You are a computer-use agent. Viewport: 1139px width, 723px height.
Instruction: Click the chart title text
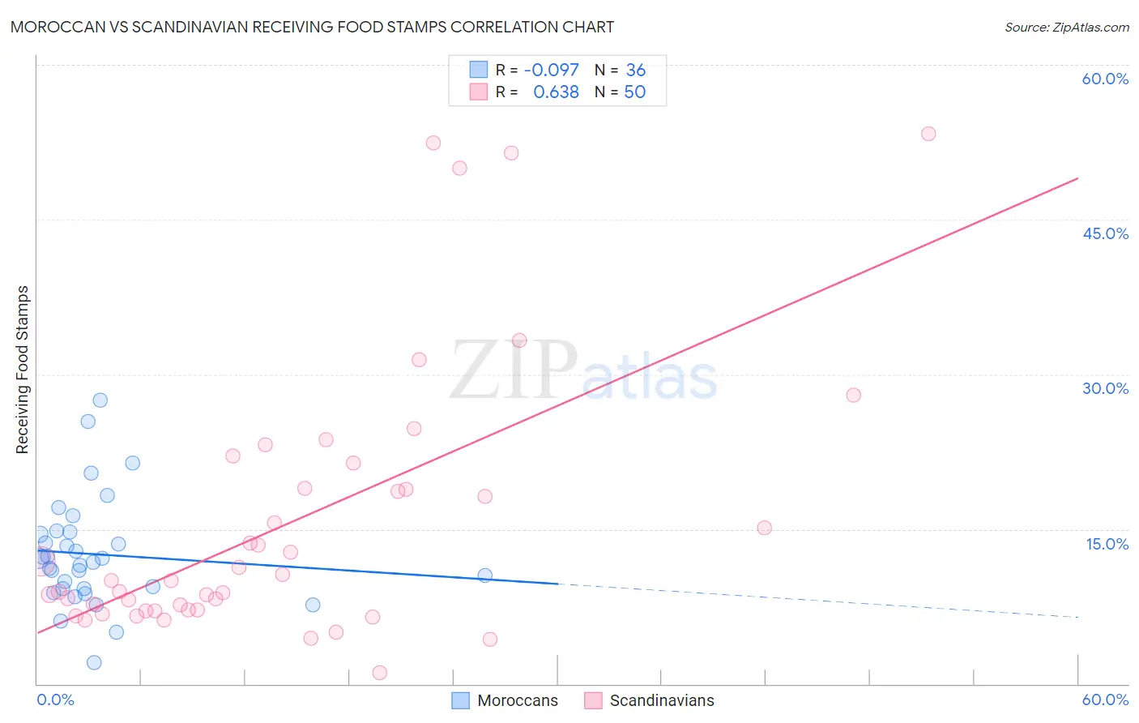click(312, 27)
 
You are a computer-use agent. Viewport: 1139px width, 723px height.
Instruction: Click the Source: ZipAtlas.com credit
click(1066, 27)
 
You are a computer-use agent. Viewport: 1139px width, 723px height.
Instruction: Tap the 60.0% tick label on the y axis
click(1105, 79)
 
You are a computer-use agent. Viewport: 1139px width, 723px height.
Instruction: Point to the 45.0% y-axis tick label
click(1105, 233)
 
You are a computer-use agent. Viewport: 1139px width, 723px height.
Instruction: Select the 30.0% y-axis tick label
click(1105, 388)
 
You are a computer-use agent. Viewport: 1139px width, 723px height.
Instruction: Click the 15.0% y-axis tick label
click(1107, 544)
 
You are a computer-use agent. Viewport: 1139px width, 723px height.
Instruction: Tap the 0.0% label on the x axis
click(55, 699)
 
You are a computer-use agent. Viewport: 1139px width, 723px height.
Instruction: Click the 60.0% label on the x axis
click(1105, 699)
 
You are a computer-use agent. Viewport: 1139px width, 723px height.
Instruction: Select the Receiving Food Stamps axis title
click(23, 370)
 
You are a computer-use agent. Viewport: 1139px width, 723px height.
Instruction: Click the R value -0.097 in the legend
click(551, 71)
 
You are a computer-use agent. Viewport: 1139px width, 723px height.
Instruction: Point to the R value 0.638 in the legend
click(556, 92)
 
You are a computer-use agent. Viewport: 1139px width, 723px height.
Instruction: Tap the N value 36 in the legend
click(635, 71)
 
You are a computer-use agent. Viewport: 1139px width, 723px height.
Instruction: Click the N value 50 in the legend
click(634, 92)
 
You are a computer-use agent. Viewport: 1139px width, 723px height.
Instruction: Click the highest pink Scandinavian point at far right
click(928, 134)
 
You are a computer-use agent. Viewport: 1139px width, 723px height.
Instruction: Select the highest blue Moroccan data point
click(100, 400)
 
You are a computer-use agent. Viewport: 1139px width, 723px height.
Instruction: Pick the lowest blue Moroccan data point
click(94, 662)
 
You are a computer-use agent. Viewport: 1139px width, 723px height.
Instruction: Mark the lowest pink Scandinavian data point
click(379, 673)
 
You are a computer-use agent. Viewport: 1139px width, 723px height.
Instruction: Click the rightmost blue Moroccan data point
click(484, 575)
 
